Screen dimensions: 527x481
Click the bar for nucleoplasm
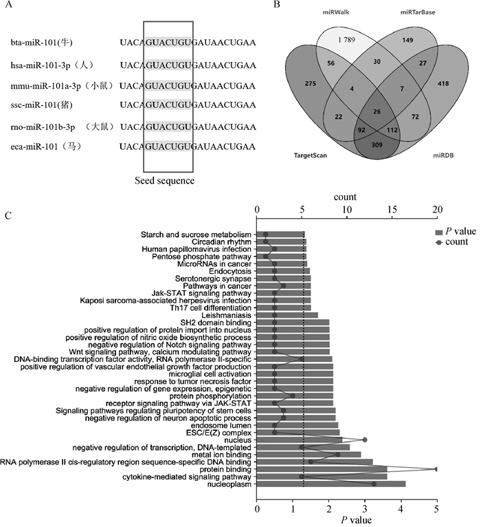tap(331, 484)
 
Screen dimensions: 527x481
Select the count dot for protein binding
tap(436, 469)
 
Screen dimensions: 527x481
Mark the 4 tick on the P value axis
tap(401, 510)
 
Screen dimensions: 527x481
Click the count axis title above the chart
tap(345, 197)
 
